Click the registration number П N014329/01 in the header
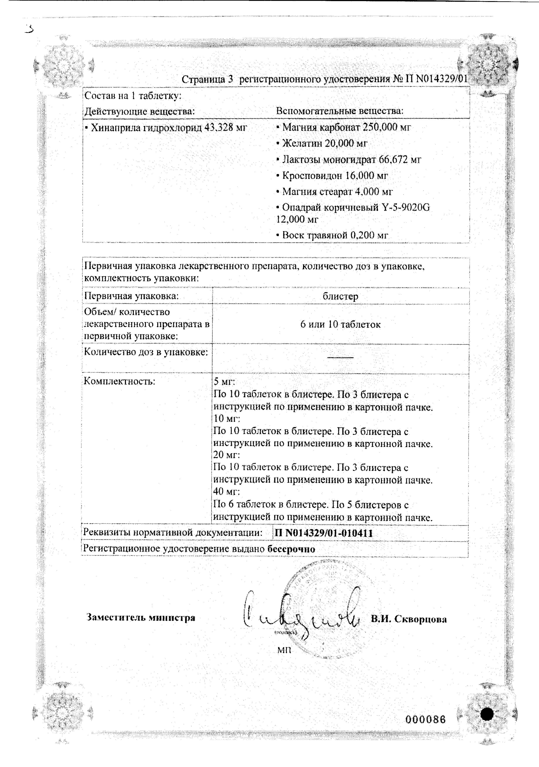pos(436,79)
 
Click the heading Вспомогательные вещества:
pos(339,111)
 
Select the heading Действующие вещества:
pos(139,111)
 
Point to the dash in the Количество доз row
pos(340,358)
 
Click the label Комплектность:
pos(119,381)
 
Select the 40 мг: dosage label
pos(227,491)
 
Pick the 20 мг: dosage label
pos(227,455)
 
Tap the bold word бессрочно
pos(291,549)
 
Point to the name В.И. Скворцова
pos(409,619)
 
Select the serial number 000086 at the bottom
pos(425,719)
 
